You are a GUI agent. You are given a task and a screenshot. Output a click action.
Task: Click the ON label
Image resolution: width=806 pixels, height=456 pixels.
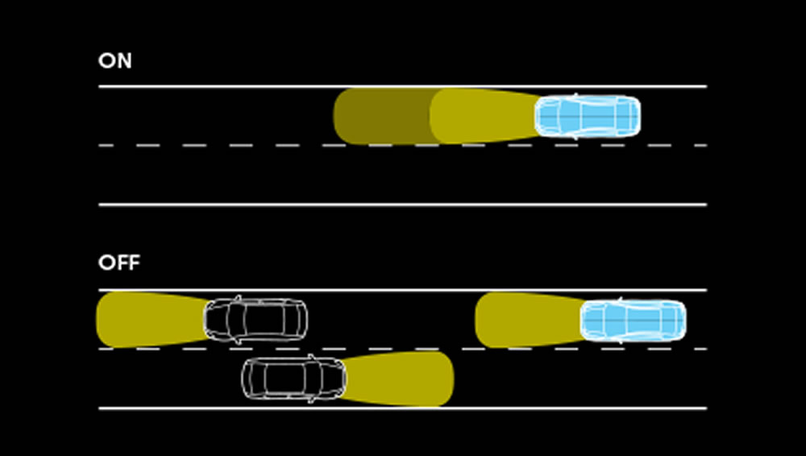tap(114, 61)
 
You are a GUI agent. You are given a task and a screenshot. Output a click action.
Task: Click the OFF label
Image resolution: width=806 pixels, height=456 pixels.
tap(118, 263)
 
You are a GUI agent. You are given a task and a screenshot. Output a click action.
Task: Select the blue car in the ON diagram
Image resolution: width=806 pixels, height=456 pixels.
tap(588, 116)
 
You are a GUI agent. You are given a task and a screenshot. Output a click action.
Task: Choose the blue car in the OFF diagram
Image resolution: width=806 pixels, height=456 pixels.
tap(634, 320)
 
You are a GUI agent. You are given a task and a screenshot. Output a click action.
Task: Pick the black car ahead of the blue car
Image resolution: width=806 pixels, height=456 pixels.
tap(256, 320)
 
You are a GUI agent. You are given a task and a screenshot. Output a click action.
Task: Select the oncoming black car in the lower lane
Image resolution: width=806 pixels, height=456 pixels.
tap(294, 378)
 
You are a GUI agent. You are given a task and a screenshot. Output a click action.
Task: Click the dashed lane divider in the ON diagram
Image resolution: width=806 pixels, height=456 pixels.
tap(242, 145)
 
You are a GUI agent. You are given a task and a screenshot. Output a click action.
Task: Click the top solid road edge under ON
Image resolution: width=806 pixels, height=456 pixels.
tap(242, 86)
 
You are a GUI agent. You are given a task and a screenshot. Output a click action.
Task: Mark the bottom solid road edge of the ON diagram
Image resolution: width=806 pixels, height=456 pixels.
tap(403, 205)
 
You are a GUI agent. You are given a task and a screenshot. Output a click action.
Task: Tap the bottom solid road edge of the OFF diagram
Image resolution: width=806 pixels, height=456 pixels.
tap(564, 408)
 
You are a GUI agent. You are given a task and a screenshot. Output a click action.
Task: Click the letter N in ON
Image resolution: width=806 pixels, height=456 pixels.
tap(124, 61)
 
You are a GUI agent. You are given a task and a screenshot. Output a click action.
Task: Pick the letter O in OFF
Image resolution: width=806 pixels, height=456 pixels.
tap(106, 263)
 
